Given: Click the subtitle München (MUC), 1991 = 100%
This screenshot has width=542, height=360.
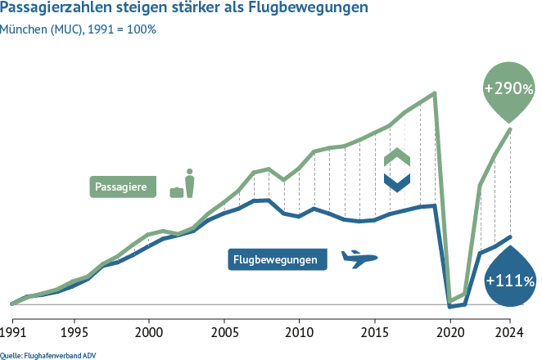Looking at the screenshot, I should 79,29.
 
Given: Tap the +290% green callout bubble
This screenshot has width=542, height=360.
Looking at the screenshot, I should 509,88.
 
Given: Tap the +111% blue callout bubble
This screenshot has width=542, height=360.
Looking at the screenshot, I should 509,281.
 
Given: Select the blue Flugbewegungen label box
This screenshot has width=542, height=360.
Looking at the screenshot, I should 275,260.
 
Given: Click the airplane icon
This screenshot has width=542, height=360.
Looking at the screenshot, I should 358,259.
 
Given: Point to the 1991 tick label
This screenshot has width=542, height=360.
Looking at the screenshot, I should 12,334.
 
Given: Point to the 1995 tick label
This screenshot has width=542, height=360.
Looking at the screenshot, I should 74,334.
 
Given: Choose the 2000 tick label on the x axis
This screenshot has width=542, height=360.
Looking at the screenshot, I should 148,334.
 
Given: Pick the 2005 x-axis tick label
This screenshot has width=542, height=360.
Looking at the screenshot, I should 223,334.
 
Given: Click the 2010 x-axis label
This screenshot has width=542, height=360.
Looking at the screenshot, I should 298,334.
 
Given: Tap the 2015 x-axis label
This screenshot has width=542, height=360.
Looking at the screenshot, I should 373,334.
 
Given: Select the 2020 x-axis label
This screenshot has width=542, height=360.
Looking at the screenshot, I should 449,334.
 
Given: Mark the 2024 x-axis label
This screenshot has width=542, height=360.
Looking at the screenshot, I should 509,334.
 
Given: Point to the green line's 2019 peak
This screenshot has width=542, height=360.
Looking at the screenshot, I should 434,92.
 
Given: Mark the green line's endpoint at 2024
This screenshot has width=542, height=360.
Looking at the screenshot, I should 510,128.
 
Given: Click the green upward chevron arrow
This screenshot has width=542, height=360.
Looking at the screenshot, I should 396,157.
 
